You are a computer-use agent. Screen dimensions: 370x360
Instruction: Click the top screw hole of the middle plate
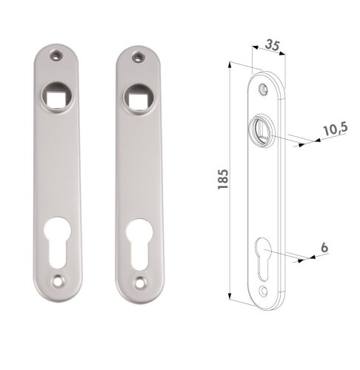tap(136, 57)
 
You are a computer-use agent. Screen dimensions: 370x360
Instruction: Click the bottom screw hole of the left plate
tap(59, 281)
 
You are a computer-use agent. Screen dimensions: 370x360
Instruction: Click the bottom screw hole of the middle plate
tap(141, 282)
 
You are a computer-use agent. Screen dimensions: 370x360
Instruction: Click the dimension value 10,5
tap(335, 129)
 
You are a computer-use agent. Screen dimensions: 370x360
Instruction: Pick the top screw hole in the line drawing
tap(264, 90)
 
